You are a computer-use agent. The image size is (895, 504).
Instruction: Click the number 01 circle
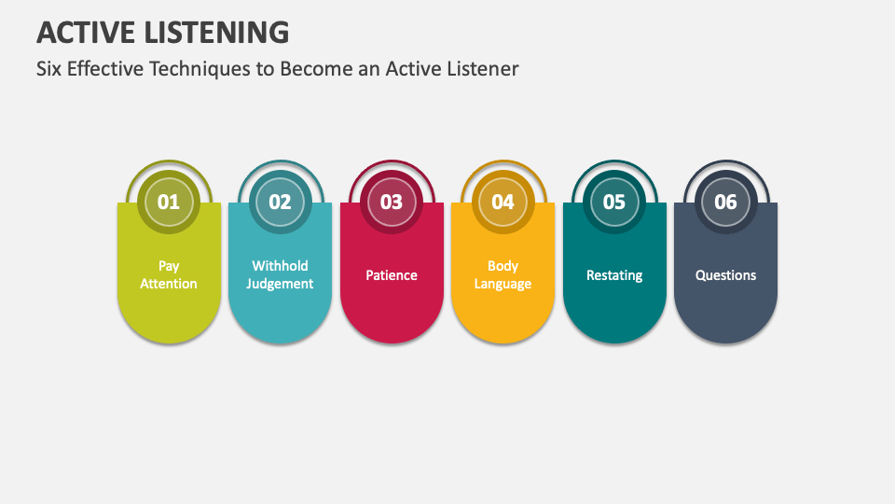(x=169, y=202)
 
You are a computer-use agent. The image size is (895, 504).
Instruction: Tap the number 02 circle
(x=281, y=202)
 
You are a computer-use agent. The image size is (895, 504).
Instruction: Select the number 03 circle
(x=392, y=202)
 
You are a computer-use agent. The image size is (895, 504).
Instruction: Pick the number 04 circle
(x=503, y=202)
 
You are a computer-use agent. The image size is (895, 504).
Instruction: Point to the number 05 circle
(x=614, y=202)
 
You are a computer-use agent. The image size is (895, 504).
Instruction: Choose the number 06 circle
(x=725, y=202)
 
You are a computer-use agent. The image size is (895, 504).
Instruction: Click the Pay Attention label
(x=169, y=274)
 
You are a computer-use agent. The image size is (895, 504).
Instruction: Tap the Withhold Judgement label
(x=280, y=274)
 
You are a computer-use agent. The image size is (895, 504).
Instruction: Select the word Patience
(x=392, y=275)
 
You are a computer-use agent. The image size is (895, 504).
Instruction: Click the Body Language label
(x=503, y=274)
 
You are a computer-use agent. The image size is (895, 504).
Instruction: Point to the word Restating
(x=614, y=275)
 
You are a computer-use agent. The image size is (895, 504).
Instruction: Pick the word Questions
(x=725, y=275)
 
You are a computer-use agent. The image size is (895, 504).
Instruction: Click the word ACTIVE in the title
(x=86, y=33)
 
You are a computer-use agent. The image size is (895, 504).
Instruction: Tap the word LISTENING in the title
(x=217, y=33)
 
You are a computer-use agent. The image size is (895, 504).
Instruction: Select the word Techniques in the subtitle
(x=200, y=69)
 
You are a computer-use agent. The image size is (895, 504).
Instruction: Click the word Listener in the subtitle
(x=483, y=68)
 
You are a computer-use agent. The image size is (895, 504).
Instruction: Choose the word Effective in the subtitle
(x=105, y=68)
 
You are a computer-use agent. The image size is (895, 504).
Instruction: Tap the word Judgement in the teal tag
(x=280, y=284)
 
